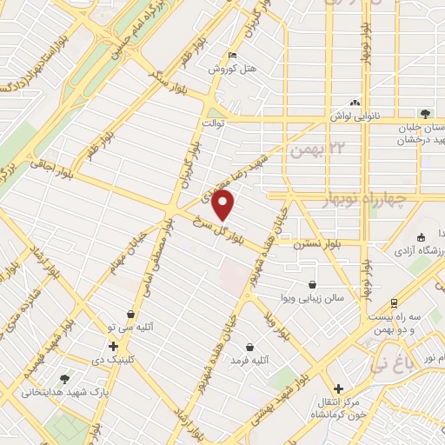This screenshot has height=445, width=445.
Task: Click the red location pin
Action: [224, 206]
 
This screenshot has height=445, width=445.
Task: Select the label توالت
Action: [214, 123]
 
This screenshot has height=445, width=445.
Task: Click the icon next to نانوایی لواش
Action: [355, 100]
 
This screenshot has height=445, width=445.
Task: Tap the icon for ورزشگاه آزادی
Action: [421, 238]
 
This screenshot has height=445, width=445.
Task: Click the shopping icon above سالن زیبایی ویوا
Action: [312, 283]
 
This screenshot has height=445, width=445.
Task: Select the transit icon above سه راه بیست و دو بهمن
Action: [395, 303]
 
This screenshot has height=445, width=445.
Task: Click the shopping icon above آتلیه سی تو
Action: [130, 315]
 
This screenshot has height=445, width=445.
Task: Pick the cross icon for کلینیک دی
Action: [114, 346]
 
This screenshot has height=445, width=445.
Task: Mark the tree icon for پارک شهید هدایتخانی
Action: [64, 379]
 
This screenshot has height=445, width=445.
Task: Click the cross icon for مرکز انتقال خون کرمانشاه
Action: [338, 389]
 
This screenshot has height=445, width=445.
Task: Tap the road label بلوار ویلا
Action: [288, 324]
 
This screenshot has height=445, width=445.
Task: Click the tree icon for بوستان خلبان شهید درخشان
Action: [424, 114]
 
